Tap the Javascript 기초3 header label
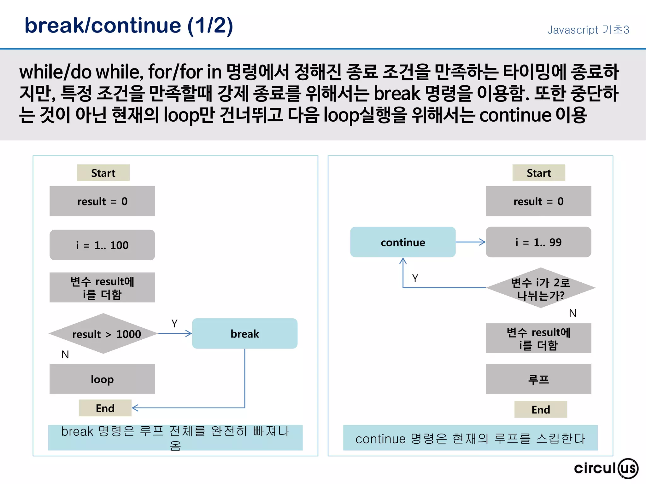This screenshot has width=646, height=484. tap(588, 30)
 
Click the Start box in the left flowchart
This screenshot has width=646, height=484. tap(103, 173)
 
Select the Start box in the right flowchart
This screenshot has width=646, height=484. tap(538, 173)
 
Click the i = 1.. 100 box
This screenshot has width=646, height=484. tap(102, 245)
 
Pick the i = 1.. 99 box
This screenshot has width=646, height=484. tap(538, 242)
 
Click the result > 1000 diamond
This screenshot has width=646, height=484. tap(103, 333)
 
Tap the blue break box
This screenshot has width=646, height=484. tap(244, 333)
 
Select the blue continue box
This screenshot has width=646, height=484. tap(403, 242)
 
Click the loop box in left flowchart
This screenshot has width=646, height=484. tap(102, 379)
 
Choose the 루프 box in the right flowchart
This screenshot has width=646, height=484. tap(538, 379)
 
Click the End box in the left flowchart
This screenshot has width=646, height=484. tap(105, 408)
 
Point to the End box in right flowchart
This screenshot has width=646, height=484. tap(540, 409)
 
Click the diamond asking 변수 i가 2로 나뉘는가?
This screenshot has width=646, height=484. tap(540, 288)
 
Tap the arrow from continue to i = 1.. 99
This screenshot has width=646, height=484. tap(470, 242)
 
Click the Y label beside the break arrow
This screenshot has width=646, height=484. tap(174, 323)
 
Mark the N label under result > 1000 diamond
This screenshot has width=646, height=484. tap(65, 354)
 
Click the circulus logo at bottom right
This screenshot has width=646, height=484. tap(606, 468)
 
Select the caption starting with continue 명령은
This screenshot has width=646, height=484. tap(470, 438)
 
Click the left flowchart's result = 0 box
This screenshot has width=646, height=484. tap(102, 201)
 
